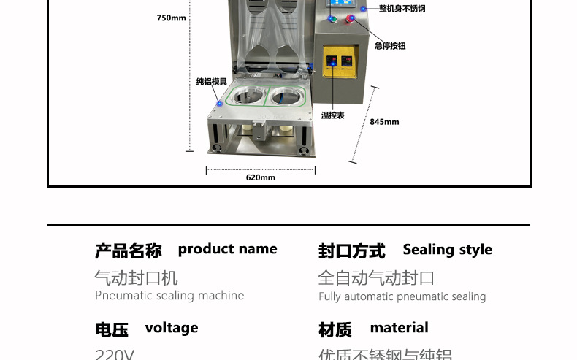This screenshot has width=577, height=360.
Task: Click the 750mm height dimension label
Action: pos(171,18)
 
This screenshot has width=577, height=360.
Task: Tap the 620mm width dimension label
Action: pos(260,177)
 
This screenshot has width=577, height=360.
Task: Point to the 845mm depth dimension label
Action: pos(384,122)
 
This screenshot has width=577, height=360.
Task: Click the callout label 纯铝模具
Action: pos(212,82)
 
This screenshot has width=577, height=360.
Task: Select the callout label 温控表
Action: pos(332,115)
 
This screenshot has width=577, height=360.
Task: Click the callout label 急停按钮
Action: pos(389,46)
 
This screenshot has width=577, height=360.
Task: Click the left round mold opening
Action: pos(245,95)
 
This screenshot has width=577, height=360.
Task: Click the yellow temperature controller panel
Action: pos(339,61)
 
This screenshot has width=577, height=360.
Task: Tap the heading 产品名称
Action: pos(128,251)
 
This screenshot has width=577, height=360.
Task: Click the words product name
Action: pos(227,249)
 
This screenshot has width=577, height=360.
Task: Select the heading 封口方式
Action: pos(351,251)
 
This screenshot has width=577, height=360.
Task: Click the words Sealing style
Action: pos(447,250)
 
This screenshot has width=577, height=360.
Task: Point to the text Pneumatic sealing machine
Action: pos(169,296)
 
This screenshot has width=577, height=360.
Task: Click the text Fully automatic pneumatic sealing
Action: pos(402,296)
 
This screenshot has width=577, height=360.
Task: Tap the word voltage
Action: pos(172,328)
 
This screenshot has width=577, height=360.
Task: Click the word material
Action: pos(399,328)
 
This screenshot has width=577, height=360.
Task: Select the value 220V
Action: pos(115,355)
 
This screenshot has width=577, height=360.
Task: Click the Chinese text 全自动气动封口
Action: pos(376,277)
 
